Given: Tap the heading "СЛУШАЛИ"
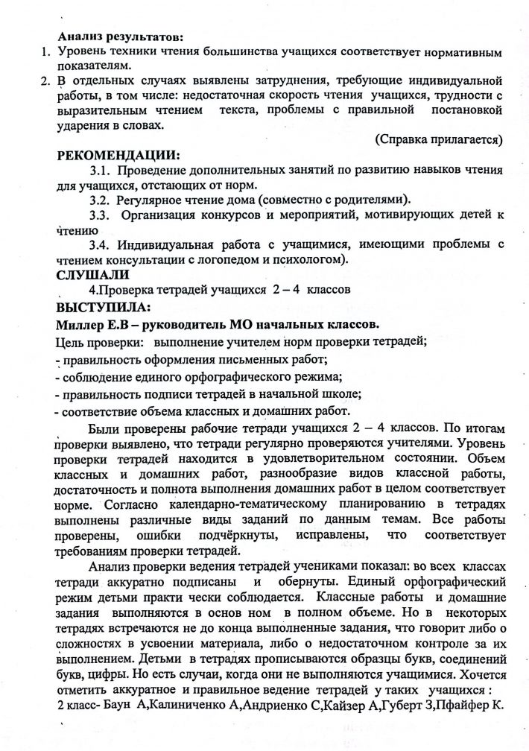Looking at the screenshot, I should pos(86,275).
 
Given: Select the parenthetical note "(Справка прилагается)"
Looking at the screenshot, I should pos(437,139).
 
